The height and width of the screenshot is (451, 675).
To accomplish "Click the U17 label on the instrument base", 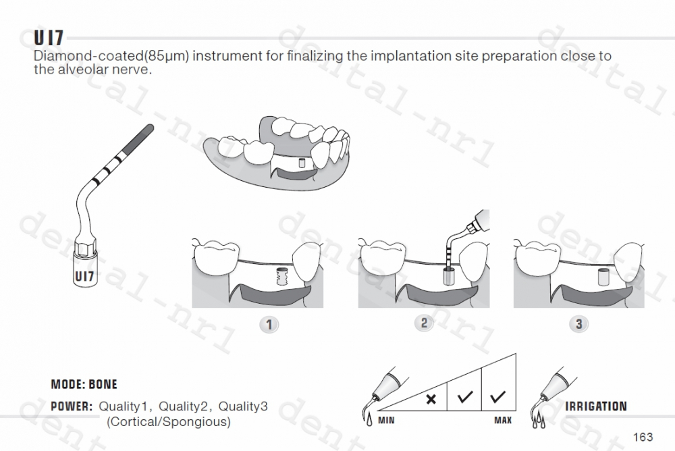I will (x=84, y=275).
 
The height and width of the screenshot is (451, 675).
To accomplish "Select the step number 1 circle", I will (x=269, y=324).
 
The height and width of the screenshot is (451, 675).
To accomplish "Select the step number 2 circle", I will (x=424, y=323).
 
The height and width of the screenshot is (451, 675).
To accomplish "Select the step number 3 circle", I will (x=578, y=324).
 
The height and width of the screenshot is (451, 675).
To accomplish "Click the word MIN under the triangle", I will (x=386, y=421).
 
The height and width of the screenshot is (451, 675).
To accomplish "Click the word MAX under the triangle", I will (x=502, y=421).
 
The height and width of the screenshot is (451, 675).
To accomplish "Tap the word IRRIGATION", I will (x=595, y=406).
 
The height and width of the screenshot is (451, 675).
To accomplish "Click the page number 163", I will (x=643, y=435).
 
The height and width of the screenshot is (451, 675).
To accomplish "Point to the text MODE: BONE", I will (x=84, y=385).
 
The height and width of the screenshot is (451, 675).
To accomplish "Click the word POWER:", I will (x=71, y=406).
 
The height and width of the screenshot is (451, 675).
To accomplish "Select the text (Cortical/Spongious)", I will (x=169, y=422).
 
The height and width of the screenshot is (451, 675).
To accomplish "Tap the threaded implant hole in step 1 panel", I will (x=282, y=276).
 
